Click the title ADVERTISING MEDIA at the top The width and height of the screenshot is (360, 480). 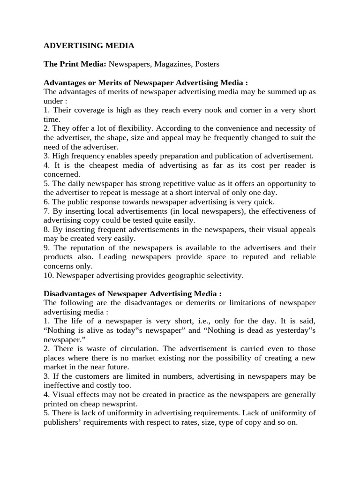[89, 45]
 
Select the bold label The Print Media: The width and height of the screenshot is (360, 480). [75, 64]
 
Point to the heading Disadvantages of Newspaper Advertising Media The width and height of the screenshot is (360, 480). [133, 294]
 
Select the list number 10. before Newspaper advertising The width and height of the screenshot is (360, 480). [49, 276]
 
